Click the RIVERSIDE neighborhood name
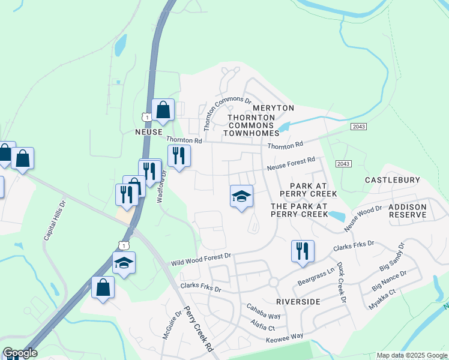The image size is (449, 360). pyautogui.click(x=298, y=301)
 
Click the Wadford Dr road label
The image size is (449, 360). pyautogui.click(x=161, y=187)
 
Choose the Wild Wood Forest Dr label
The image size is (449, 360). pyautogui.click(x=201, y=259)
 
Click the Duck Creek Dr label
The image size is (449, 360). pyautogui.click(x=341, y=282)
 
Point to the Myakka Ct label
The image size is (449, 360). pyautogui.click(x=385, y=299)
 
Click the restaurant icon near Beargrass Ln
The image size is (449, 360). pyautogui.click(x=303, y=251)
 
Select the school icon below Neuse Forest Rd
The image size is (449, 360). pyautogui.click(x=241, y=196)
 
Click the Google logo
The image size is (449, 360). pyautogui.click(x=20, y=353)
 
